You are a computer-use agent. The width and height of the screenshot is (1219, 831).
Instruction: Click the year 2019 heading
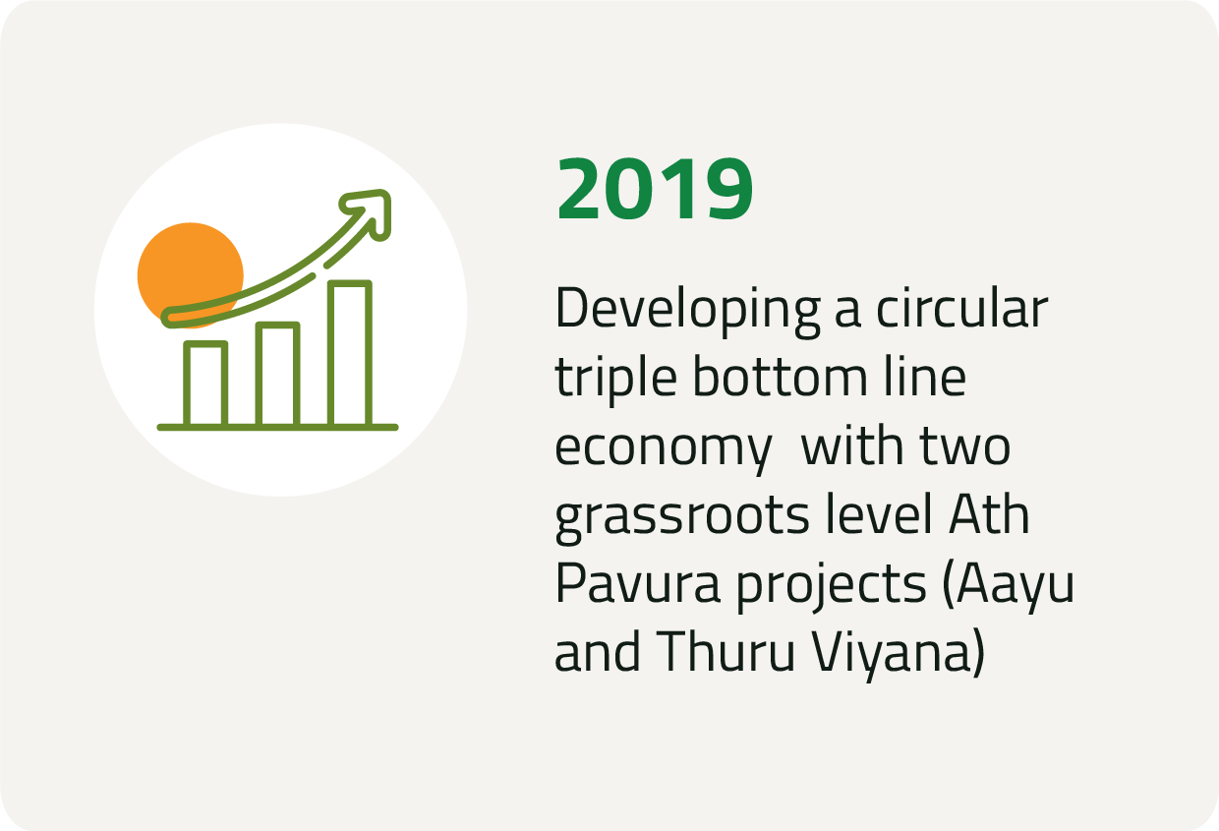click(655, 189)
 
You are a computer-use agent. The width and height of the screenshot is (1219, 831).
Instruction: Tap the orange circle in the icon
click(190, 267)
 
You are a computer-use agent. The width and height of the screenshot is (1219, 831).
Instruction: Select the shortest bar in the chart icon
click(205, 384)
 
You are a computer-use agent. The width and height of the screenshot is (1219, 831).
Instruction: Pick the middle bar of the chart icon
click(277, 375)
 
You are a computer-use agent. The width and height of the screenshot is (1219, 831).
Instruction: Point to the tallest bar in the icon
click(350, 353)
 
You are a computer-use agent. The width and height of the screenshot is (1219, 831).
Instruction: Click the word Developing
click(688, 311)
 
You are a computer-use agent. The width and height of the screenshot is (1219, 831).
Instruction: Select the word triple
click(616, 380)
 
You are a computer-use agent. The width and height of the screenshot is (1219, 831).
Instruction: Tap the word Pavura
click(638, 583)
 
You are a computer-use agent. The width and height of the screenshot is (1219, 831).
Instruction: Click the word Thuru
click(726, 652)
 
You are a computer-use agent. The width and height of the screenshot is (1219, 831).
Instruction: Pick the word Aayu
click(1009, 588)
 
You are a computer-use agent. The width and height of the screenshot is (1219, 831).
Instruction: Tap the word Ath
click(989, 513)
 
